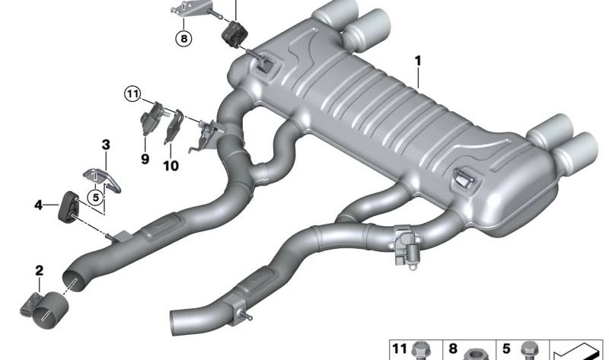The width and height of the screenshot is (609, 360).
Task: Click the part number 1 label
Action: (418, 61)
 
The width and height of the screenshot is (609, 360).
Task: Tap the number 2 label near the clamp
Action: (40, 271)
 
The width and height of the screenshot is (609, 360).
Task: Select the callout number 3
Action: (106, 145)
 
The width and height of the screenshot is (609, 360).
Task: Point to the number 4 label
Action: (39, 205)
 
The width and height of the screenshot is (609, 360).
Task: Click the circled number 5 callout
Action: (96, 198)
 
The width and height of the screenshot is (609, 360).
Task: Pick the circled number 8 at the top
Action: (183, 39)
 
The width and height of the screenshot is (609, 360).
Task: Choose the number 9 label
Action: (145, 159)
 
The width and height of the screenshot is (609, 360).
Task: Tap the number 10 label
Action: (171, 166)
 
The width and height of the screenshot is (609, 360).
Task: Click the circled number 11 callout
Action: (132, 94)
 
